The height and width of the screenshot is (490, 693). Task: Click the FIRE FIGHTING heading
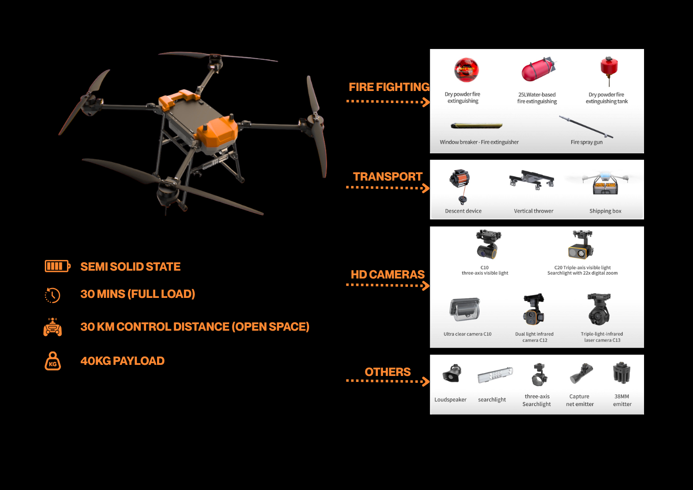point(389,87)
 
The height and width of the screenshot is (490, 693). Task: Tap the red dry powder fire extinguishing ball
point(466,70)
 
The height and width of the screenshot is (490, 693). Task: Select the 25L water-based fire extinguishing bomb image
point(538,69)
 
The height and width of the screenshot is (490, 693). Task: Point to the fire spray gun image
point(586,127)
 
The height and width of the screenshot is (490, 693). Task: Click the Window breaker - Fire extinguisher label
point(479,142)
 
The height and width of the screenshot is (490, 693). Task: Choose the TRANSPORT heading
point(388,176)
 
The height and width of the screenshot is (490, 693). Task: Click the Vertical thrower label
point(534,211)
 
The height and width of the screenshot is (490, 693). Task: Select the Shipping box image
point(605,183)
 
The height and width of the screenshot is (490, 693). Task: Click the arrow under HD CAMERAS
point(388,285)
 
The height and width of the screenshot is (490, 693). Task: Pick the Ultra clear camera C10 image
point(465,309)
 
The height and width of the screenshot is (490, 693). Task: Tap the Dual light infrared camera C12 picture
point(534,309)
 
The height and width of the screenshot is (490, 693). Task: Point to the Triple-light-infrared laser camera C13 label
point(602,337)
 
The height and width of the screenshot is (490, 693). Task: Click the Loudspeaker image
point(452,374)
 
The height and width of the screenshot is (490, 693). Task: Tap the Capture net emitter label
point(580,400)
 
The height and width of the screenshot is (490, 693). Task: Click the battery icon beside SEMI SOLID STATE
point(58,266)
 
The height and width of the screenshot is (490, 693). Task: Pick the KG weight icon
point(53,361)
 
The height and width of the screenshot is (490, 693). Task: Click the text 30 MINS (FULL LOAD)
point(138,294)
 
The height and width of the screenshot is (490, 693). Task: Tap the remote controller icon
point(53,327)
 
